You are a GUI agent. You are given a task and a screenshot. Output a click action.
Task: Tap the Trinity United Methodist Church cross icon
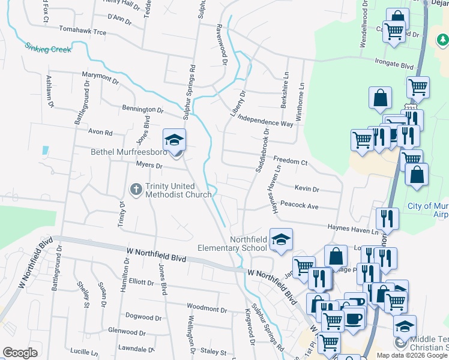tap(136, 190)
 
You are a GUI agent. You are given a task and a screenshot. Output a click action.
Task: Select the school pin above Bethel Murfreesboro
tap(174, 140)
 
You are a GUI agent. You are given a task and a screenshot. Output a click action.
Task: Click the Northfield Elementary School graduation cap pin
tap(281, 239)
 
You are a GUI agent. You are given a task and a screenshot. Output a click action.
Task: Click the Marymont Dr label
tap(100, 77)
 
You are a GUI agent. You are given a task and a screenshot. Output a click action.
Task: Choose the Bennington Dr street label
tap(142, 110)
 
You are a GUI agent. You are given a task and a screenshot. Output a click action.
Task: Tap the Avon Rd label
tap(100, 132)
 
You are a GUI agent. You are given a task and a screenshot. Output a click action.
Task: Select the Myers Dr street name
tap(146, 165)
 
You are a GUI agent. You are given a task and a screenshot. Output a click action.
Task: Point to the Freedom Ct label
tap(291, 162)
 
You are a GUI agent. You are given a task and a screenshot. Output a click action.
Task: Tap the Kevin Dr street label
tap(307, 189)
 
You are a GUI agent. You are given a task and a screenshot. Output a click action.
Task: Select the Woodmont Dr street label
tap(206, 308)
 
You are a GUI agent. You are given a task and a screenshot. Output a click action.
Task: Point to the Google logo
tap(20, 353)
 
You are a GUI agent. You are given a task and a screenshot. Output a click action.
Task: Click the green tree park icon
tap(442, 40)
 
